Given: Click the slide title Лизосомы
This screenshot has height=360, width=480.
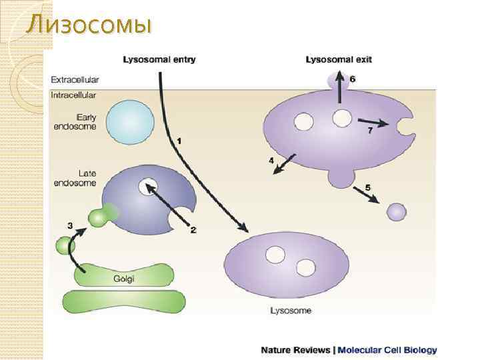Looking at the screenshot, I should click(x=88, y=25).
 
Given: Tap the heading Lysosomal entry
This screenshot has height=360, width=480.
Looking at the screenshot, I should click(x=159, y=59).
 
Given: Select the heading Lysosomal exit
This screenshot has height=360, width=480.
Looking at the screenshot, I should click(x=339, y=59).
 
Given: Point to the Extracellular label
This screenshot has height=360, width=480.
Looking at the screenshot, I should click(x=75, y=80).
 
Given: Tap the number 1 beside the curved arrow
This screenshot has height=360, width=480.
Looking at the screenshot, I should click(x=179, y=141).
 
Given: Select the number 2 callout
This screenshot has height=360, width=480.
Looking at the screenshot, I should click(x=193, y=231).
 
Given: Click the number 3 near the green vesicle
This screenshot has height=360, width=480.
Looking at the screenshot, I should click(x=70, y=225).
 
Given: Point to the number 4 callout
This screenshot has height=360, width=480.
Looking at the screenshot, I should click(x=271, y=161).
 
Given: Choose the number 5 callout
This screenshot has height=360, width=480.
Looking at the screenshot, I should click(x=367, y=187).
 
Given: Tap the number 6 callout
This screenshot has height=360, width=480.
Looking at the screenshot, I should click(x=353, y=79).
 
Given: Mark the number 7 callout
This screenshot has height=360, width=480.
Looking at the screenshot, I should click(x=371, y=131).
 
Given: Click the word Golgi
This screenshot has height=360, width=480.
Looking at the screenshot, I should click(x=125, y=279).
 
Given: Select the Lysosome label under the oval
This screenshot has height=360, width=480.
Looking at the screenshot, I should click(x=291, y=310).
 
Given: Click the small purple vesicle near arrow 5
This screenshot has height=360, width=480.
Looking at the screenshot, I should click(x=397, y=212).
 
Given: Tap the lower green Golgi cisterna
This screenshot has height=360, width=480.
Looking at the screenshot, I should click(x=124, y=301).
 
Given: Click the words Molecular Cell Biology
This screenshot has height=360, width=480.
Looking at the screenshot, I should click(x=388, y=349).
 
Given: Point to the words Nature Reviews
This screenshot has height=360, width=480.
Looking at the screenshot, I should click(x=295, y=349).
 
